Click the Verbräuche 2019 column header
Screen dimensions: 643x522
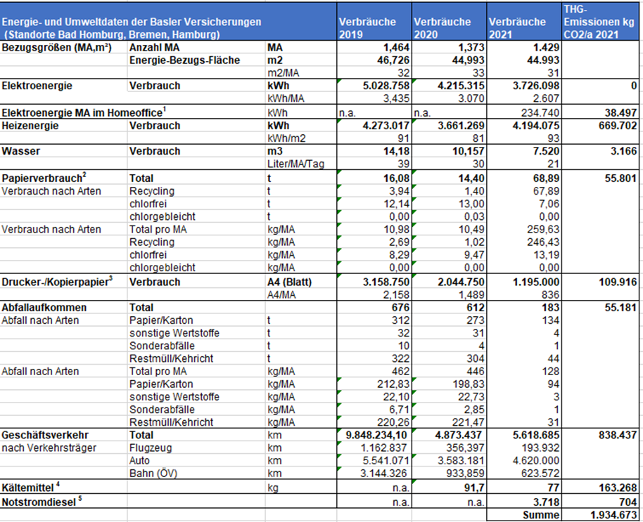pyautogui.click(x=367, y=28)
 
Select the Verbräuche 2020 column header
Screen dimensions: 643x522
pyautogui.click(x=443, y=28)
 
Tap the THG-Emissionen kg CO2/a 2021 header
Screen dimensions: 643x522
pyautogui.click(x=599, y=22)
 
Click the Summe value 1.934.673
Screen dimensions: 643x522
pyautogui.click(x=613, y=515)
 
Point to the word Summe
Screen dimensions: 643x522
pyautogui.click(x=541, y=515)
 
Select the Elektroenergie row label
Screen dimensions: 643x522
pyautogui.click(x=37, y=86)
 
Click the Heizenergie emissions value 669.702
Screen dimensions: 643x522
pyautogui.click(x=618, y=126)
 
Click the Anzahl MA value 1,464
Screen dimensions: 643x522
pyautogui.click(x=396, y=48)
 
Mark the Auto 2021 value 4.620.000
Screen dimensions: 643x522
pyautogui.click(x=536, y=461)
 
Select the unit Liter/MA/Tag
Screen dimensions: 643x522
pyautogui.click(x=295, y=164)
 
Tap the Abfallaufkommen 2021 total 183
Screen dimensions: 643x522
pyautogui.click(x=550, y=308)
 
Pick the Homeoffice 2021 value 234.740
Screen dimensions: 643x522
pyautogui.click(x=540, y=112)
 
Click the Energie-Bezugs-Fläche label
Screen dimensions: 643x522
pyautogui.click(x=184, y=60)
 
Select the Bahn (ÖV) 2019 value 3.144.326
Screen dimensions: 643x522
pyautogui.click(x=383, y=474)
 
